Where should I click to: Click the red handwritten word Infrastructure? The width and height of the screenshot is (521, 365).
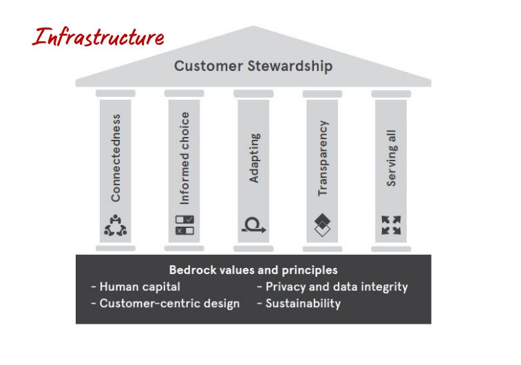[x=98, y=36]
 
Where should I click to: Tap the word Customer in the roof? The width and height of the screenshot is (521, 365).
[x=209, y=66]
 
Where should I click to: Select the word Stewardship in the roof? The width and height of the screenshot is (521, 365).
[x=290, y=66]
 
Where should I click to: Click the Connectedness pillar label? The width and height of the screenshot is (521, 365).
[x=116, y=158]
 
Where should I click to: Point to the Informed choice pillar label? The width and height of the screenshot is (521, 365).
[x=184, y=158]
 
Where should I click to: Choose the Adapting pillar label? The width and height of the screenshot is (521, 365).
[x=254, y=158]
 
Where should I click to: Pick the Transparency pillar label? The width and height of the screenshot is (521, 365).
[x=323, y=158]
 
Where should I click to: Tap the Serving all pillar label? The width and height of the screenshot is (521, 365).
[x=392, y=158]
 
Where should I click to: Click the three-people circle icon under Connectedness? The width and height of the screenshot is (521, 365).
[x=116, y=225]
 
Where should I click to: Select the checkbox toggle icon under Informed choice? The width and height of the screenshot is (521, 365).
[x=184, y=225]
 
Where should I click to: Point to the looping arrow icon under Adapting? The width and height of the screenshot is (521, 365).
[x=253, y=225]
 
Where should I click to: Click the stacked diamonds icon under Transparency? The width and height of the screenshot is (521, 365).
[x=322, y=225]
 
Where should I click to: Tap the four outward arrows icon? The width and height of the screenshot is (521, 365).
[x=391, y=225]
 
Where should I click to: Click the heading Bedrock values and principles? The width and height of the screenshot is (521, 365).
[x=253, y=270]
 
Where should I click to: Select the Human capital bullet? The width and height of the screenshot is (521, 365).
[x=136, y=286]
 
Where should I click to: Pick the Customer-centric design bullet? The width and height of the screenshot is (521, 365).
[x=165, y=304]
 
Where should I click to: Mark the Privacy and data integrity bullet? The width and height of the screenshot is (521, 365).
[x=332, y=287]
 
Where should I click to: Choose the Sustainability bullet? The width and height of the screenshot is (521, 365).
[x=299, y=304]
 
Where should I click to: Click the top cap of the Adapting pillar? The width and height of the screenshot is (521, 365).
[x=253, y=94]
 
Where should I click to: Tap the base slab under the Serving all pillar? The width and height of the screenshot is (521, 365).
[x=391, y=249]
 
